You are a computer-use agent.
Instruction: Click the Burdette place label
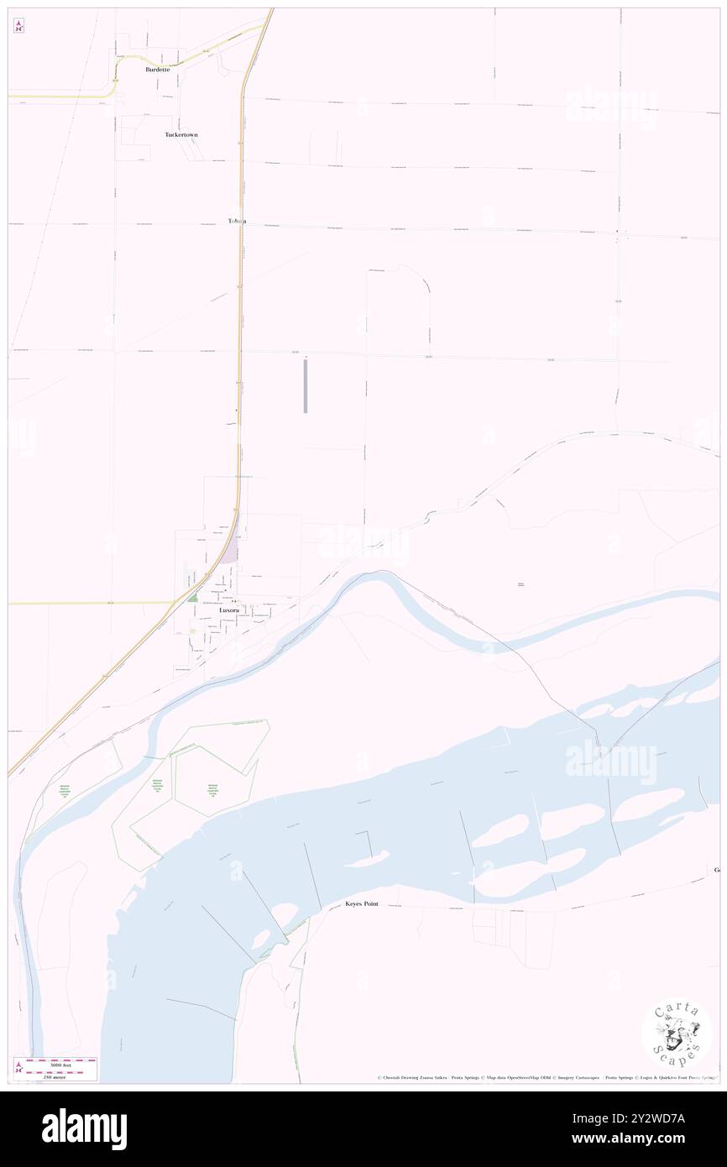[156, 70]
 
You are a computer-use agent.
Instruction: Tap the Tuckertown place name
[181, 134]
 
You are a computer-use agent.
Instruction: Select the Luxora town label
[228, 611]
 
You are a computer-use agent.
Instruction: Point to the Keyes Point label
[368, 904]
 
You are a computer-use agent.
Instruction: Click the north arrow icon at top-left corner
[18, 26]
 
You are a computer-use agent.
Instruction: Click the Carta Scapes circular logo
[677, 1035]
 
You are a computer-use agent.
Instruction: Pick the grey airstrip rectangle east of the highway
[306, 386]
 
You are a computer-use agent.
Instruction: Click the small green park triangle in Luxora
[192, 598]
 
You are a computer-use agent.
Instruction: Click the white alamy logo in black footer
[84, 1128]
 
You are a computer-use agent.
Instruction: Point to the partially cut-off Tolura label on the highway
[236, 221]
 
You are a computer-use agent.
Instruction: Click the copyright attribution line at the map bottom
[546, 1077]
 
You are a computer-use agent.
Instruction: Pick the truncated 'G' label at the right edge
[717, 870]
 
